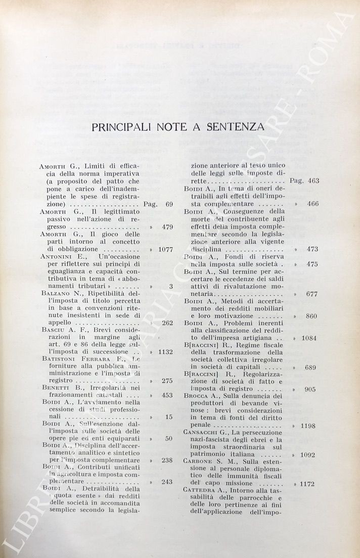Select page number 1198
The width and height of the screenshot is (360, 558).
point(308,426)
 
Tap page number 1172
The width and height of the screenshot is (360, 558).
point(307,484)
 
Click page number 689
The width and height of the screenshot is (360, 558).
point(310,367)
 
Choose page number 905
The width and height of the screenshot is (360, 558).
point(310,389)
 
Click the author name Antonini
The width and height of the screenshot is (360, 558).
point(55,257)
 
